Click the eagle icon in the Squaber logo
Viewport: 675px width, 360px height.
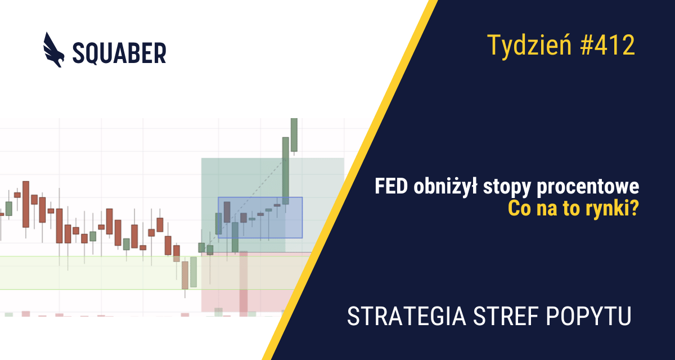[53, 50]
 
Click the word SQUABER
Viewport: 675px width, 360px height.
[119, 53]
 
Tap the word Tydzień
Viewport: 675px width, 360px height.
[529, 46]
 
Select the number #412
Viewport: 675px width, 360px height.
[607, 45]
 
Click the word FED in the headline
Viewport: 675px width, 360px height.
[391, 187]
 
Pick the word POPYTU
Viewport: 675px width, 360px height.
[588, 316]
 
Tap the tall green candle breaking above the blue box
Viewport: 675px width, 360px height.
[285, 171]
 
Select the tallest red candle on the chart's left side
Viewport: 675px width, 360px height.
[26, 204]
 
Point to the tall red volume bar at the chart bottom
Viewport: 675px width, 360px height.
[244, 284]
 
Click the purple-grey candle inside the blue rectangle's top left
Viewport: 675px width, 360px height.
[227, 212]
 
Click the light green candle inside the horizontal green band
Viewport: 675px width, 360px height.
[193, 272]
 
